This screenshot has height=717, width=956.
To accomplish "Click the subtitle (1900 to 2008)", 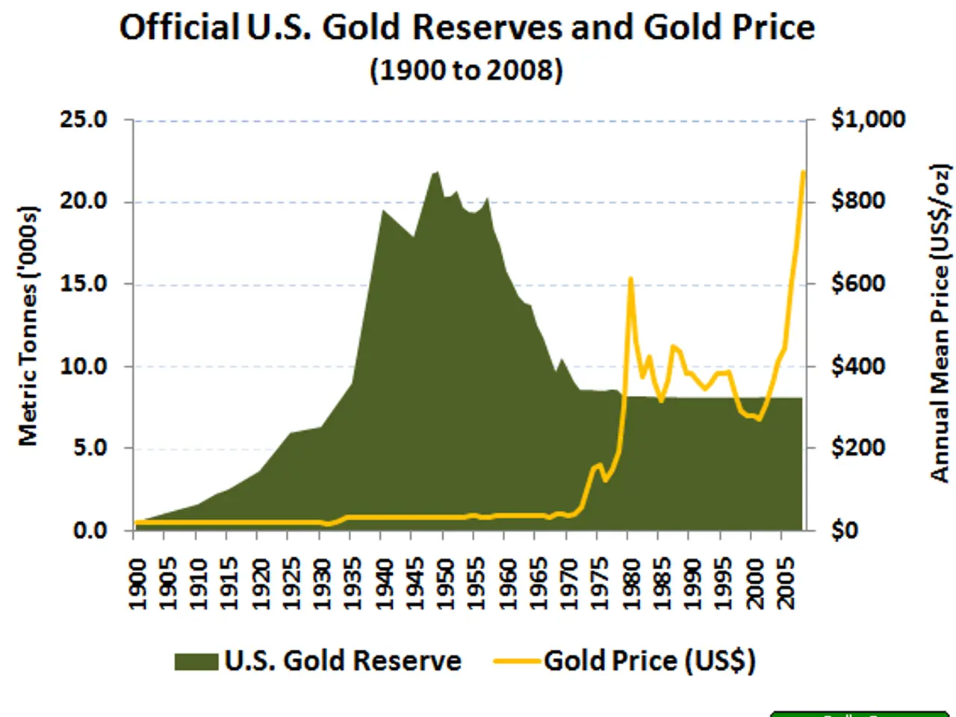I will [x=466, y=70].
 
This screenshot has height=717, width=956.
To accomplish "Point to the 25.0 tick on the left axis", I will [x=84, y=119].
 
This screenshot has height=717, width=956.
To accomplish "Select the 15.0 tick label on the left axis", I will [x=84, y=284].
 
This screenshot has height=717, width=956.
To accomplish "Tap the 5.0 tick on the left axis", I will [x=90, y=448].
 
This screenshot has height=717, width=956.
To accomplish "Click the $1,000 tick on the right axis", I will [x=868, y=119].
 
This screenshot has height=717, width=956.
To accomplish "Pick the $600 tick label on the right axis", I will [x=858, y=284].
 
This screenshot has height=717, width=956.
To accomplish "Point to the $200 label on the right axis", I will [x=858, y=448].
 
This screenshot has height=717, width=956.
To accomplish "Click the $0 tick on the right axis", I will [x=845, y=530].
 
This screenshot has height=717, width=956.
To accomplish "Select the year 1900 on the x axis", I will [x=137, y=583].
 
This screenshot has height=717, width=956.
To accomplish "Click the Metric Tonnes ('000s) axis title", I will [x=28, y=326].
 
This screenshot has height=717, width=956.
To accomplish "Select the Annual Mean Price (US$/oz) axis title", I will [x=940, y=323].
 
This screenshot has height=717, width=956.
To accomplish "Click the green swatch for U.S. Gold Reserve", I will [x=196, y=662].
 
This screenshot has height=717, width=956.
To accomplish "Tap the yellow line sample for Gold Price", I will [x=517, y=662].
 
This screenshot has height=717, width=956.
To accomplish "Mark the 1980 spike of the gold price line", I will [x=630, y=279].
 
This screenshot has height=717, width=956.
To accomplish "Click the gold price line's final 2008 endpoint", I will [x=804, y=172].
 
